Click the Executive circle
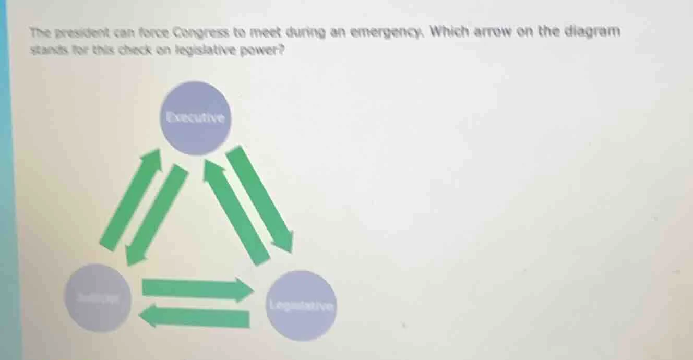(x=195, y=118)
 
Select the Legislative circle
(x=302, y=306)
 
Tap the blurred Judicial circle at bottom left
(x=98, y=298)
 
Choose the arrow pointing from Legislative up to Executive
(x=236, y=212)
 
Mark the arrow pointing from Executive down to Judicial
(x=157, y=214)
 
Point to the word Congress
(x=200, y=33)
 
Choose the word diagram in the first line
(x=592, y=31)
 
